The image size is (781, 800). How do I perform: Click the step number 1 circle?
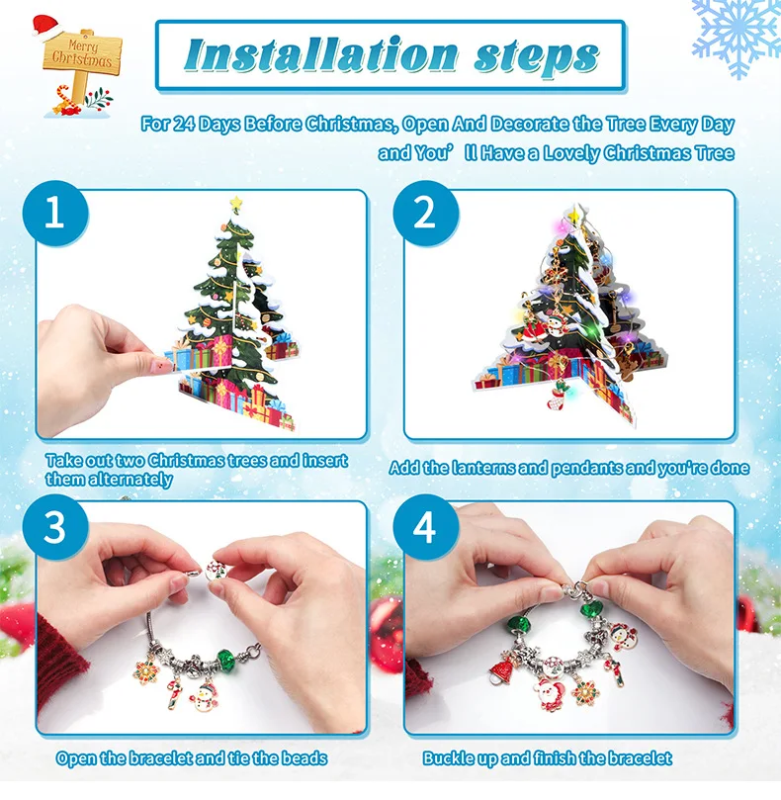(55, 214)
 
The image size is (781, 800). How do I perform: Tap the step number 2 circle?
(425, 214)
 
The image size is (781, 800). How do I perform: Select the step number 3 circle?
(55, 526)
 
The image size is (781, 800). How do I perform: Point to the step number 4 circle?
(425, 526)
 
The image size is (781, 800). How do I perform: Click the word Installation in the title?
(321, 55)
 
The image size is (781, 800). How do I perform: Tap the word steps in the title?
(536, 57)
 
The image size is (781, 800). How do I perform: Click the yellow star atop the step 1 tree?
(235, 203)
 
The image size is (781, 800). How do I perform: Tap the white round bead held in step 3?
(217, 571)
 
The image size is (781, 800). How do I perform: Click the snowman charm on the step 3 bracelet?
(205, 697)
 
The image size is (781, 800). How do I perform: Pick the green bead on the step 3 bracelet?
(226, 661)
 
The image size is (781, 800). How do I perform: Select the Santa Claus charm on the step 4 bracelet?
(550, 694)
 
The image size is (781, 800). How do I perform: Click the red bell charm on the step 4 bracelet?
(502, 669)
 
